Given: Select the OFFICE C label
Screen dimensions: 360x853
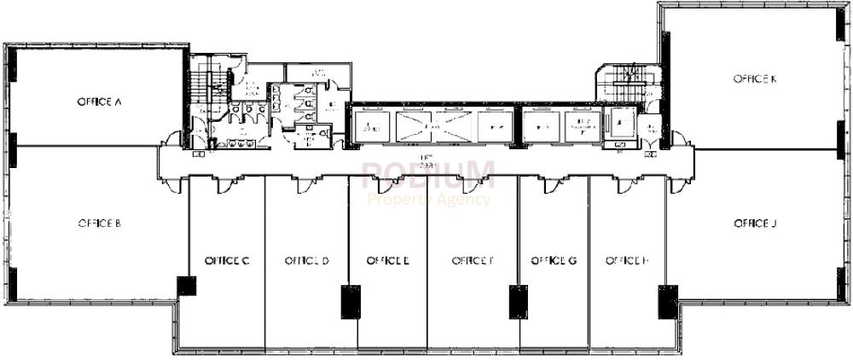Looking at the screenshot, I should click(226, 260).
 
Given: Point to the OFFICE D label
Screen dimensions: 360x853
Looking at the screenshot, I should click(306, 260).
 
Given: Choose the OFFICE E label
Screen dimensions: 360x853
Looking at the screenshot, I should click(387, 260).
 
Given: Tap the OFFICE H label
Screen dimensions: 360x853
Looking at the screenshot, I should click(628, 260).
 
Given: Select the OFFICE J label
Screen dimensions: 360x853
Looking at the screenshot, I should click(755, 224).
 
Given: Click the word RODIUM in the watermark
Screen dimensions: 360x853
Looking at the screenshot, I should click(429, 176).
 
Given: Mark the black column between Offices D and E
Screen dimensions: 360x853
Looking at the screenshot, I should click(351, 300).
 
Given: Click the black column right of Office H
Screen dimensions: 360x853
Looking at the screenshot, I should click(667, 300).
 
